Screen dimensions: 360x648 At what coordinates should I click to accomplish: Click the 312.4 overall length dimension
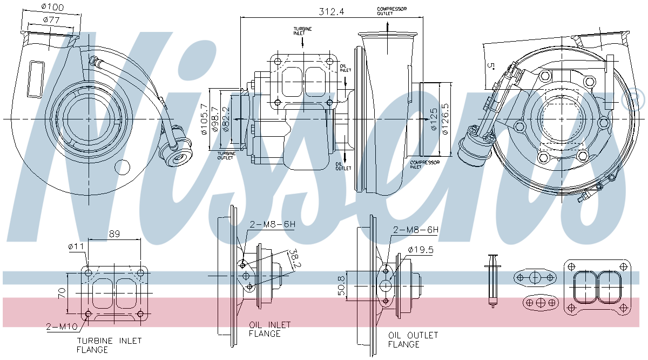pos(331,11)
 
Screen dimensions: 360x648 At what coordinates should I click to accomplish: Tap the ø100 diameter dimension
pos(52,8)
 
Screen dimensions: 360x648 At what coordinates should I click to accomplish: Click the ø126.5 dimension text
pos(446,118)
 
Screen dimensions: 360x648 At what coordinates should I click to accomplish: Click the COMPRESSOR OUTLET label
pos(392,11)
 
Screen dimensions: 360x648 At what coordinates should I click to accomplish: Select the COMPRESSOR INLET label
pos(424,164)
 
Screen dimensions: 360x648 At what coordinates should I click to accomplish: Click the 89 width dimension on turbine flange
pos(114,234)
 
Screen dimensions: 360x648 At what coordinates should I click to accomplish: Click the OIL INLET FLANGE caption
pos(269,329)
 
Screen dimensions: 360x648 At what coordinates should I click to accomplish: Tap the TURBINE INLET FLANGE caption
pos(109,345)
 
